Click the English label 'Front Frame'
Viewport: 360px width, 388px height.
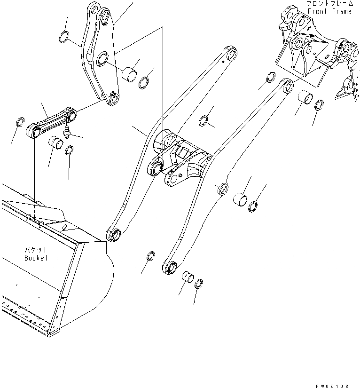(x=329, y=11)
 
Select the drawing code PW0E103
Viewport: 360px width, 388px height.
(x=332, y=385)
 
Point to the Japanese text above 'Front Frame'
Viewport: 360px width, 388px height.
(x=329, y=4)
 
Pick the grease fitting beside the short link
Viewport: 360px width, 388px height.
(x=67, y=132)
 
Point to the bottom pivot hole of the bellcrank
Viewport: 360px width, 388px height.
(x=112, y=98)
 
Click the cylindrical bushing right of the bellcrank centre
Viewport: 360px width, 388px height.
(x=130, y=73)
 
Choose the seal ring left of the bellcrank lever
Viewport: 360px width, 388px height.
(x=65, y=36)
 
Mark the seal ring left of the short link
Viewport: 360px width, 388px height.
(x=20, y=123)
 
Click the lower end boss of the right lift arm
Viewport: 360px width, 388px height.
(x=171, y=268)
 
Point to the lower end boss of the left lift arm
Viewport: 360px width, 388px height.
(x=114, y=233)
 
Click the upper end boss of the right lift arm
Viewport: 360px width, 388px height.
(x=287, y=86)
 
